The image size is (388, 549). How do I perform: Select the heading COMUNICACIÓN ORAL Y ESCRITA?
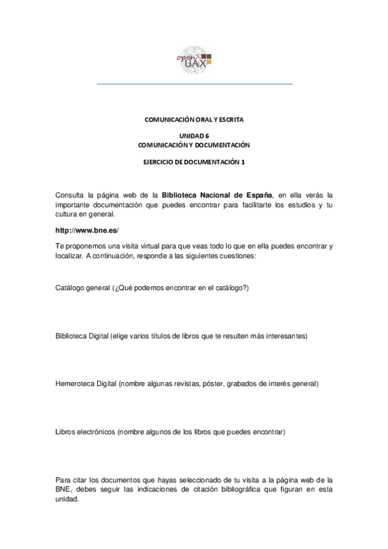[x=194, y=120]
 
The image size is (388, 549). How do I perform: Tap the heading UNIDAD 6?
[x=194, y=136]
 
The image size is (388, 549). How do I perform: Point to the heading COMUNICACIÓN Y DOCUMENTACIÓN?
[x=194, y=144]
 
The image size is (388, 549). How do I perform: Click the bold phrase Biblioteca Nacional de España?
[x=217, y=194]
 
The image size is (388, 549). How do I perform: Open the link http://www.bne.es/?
[x=87, y=230]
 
